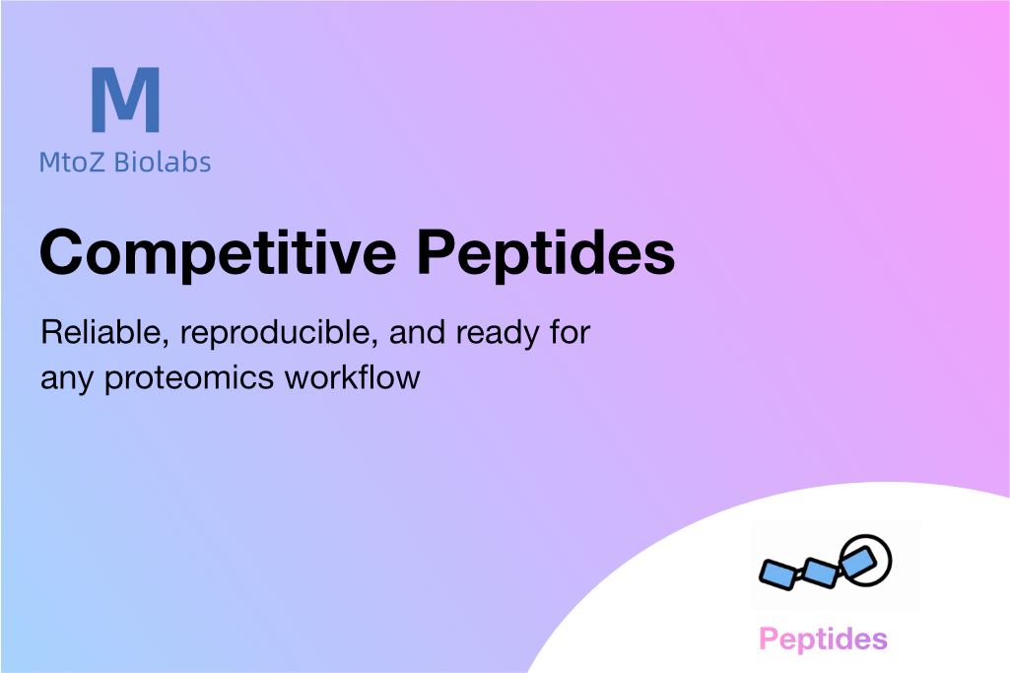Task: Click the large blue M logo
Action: click(x=125, y=100)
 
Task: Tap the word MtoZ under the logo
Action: click(x=72, y=163)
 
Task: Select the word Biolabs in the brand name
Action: click(x=163, y=162)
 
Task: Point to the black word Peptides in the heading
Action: click(x=546, y=252)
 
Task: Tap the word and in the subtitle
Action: click(x=418, y=333)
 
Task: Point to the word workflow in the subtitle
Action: click(x=353, y=377)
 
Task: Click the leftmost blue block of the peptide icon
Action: click(x=780, y=574)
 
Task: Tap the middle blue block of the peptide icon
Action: click(x=821, y=572)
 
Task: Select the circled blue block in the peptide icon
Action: click(x=858, y=561)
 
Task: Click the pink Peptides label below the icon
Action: click(x=823, y=639)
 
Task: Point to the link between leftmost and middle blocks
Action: click(x=801, y=573)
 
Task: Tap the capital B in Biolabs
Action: click(x=122, y=163)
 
